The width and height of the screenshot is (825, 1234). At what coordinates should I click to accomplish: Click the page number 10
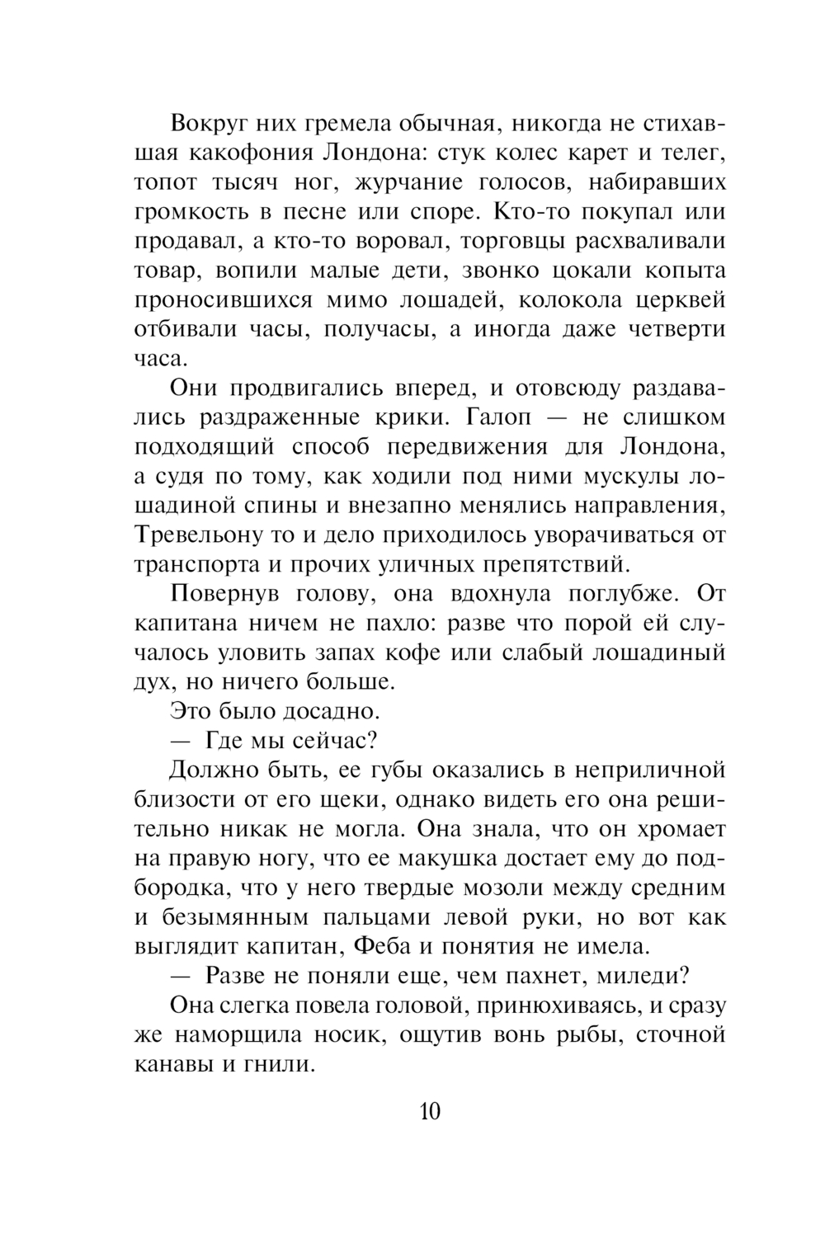430,1111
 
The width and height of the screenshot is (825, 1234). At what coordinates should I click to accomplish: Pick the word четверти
676,329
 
